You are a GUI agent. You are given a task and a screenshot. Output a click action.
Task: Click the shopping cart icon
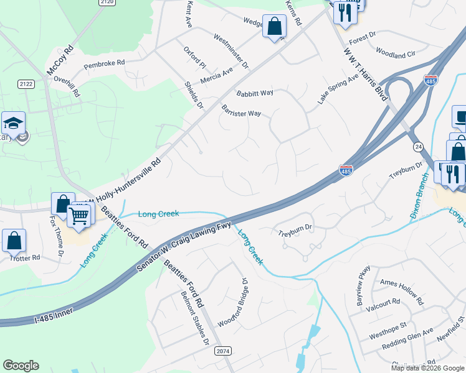(79, 216)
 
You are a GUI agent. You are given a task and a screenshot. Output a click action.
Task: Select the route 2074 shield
(223, 351)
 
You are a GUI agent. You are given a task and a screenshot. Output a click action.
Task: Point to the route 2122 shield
(26, 84)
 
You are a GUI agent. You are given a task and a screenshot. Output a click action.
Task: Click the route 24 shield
(417, 145)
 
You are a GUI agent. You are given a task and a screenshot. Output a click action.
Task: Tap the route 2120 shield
(107, 2)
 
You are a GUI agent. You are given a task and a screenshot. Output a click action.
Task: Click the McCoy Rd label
(60, 59)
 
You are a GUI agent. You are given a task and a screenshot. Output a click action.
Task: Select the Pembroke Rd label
(105, 63)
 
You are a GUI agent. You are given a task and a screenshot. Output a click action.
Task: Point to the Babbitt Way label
(255, 93)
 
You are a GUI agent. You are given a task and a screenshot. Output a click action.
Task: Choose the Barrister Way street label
(241, 110)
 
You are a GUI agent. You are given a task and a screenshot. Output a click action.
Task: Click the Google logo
(21, 366)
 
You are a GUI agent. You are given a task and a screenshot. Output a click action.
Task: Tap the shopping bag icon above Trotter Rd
(14, 240)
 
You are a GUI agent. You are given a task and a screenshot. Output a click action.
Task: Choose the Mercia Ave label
(217, 76)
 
